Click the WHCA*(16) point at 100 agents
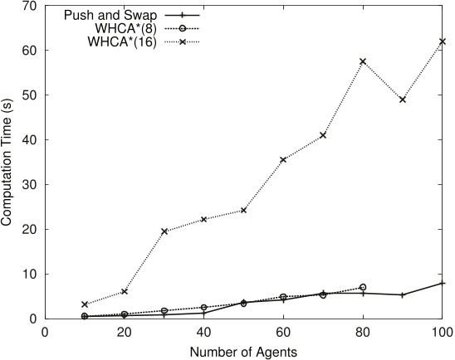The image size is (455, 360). pos(442,41)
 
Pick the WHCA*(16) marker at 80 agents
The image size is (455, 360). pos(363,61)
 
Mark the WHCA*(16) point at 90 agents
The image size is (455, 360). pos(403,100)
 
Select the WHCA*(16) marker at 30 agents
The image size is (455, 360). pos(164,231)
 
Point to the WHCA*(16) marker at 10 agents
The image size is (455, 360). pos(85,304)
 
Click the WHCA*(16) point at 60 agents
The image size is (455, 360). pos(283,160)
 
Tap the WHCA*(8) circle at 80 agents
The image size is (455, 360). pos(363,287)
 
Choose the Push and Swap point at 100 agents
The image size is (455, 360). pos(442,283)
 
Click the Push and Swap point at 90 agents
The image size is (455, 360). pos(403,294)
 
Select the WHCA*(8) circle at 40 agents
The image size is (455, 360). pos(203,308)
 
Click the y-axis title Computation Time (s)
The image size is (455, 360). pos(7,162)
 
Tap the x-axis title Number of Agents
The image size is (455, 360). pos(243,351)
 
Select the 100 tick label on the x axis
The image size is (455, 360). pos(442,332)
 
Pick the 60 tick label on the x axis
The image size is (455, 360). pos(283,332)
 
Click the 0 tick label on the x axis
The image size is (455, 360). pos(45,332)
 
